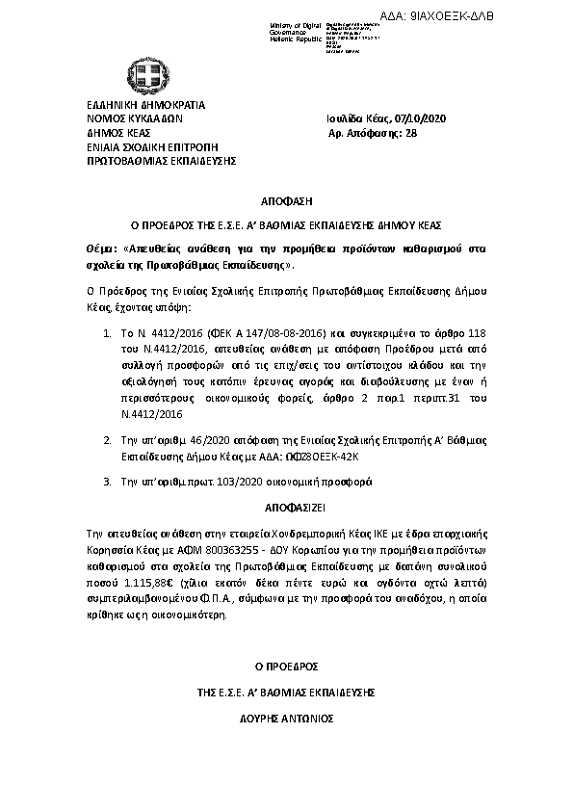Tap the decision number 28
412,133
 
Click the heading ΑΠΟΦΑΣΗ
286,202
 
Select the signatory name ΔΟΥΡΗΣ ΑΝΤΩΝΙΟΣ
286,718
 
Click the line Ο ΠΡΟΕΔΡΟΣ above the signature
286,666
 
